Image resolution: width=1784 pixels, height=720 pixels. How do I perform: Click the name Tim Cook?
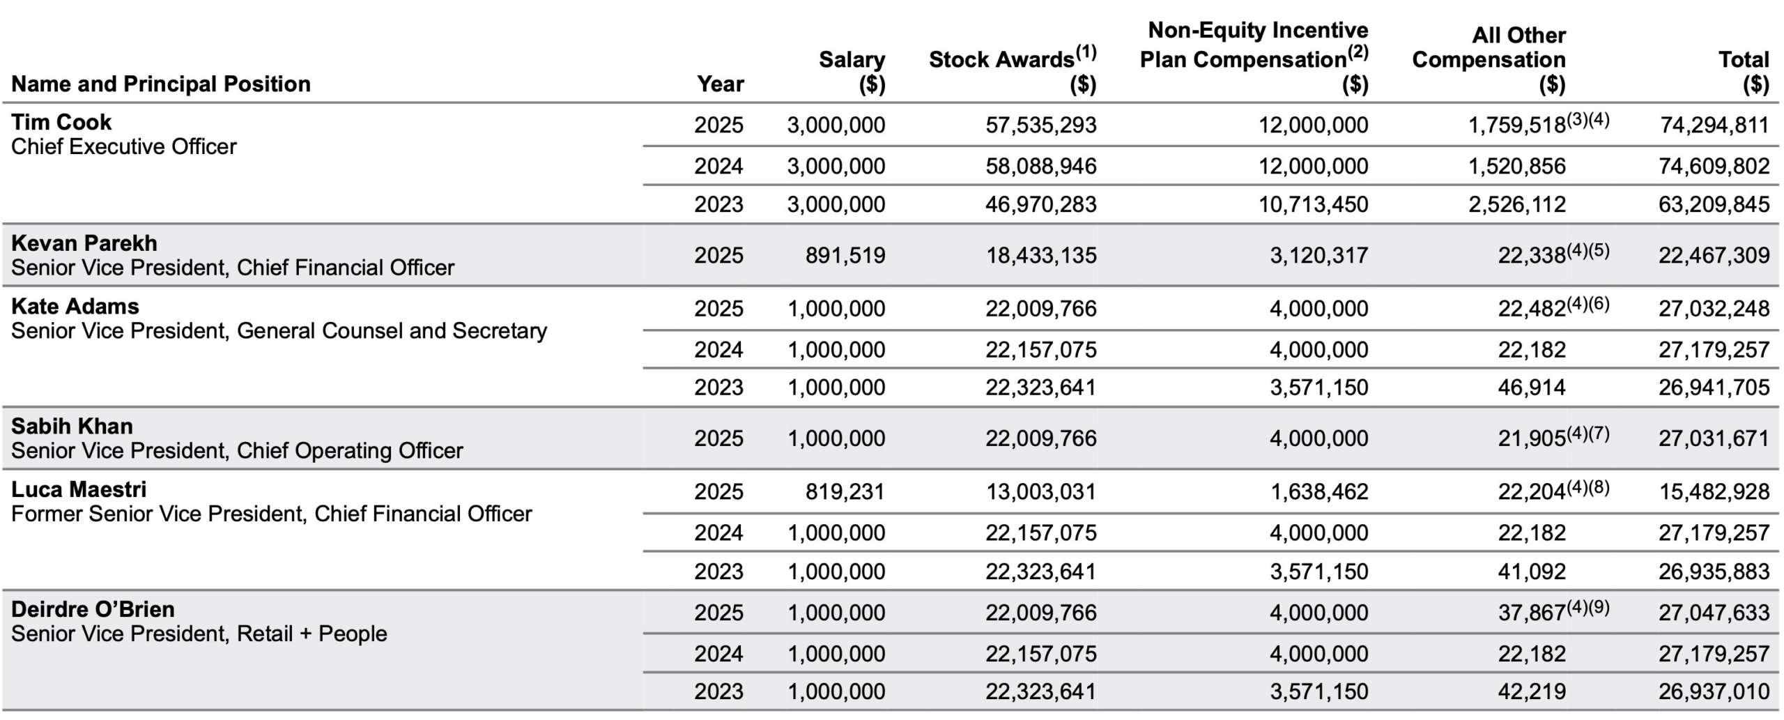[61, 122]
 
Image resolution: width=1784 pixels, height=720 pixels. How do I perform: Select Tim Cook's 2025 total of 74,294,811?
[1714, 125]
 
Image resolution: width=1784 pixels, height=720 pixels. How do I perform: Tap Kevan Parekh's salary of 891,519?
[845, 255]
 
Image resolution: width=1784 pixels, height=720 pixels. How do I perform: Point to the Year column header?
[721, 84]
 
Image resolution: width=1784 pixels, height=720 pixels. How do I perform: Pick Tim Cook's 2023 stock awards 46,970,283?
[1040, 204]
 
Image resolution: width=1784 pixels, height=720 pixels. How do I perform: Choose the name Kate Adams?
[75, 306]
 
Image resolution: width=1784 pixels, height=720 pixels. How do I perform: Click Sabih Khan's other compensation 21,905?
[1532, 438]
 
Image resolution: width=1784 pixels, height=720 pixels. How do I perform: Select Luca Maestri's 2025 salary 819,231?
[845, 492]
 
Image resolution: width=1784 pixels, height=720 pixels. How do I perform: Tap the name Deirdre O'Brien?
[93, 609]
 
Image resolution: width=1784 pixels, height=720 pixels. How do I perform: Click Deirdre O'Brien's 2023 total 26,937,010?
[1714, 691]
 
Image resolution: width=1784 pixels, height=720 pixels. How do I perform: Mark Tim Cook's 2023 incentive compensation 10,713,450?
[1313, 204]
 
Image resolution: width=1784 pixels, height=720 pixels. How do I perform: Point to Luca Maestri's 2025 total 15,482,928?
[1714, 492]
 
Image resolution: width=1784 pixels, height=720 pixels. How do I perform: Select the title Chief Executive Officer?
[124, 146]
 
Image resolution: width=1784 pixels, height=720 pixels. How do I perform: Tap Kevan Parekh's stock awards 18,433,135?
[1040, 255]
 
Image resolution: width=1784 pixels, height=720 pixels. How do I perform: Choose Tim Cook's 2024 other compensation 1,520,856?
[1516, 166]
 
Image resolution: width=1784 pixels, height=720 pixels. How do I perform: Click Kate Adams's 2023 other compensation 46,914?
[1532, 388]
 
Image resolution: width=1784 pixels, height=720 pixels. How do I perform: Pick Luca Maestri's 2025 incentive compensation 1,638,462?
[1318, 492]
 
